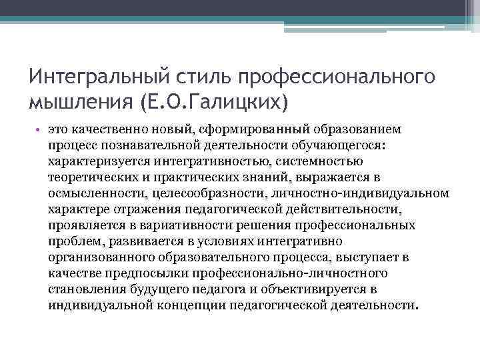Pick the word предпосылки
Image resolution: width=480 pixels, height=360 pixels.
point(151,273)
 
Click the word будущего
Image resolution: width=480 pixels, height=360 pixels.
point(164,289)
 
